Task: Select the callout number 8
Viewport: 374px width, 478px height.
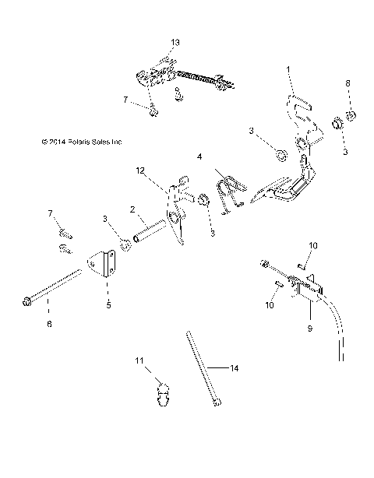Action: pyautogui.click(x=348, y=83)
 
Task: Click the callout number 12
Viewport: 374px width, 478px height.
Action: pyautogui.click(x=141, y=169)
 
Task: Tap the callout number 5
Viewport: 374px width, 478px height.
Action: pyautogui.click(x=108, y=305)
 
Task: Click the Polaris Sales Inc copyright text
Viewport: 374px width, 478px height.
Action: pyautogui.click(x=82, y=142)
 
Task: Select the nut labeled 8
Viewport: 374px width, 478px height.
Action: pyautogui.click(x=351, y=118)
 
